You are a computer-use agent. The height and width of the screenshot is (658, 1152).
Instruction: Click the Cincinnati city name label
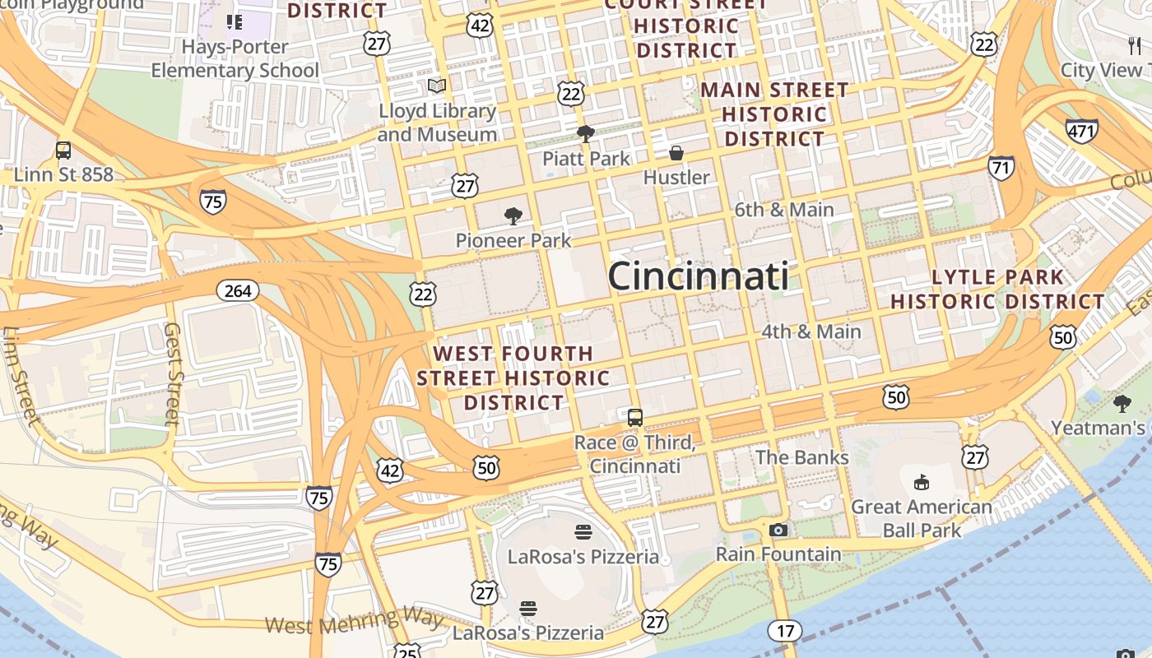(x=698, y=276)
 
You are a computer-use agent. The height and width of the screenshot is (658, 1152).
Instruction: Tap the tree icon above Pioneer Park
(x=513, y=216)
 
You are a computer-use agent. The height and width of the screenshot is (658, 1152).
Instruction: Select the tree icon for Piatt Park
(x=585, y=133)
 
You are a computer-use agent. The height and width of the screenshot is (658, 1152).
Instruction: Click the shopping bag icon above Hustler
(x=676, y=153)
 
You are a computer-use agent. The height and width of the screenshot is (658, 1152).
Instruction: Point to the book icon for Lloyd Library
(x=437, y=86)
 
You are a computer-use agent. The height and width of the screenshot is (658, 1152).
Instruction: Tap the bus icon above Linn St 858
(x=63, y=151)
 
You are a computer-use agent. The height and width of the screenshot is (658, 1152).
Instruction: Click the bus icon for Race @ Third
(x=634, y=417)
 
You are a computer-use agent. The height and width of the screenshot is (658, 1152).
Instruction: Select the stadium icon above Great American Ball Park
(x=921, y=482)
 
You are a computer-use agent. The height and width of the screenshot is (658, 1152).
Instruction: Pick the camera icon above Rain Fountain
(x=778, y=530)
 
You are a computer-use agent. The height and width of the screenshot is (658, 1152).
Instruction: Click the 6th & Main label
(x=784, y=210)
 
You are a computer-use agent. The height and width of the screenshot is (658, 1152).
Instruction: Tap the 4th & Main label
(x=811, y=331)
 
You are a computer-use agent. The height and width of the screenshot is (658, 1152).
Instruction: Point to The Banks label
(x=801, y=457)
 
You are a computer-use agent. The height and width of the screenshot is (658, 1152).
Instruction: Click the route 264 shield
(x=238, y=290)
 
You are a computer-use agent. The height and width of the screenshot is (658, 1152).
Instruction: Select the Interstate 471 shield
(x=1081, y=130)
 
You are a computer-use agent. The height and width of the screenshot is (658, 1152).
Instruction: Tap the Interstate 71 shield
(x=1001, y=168)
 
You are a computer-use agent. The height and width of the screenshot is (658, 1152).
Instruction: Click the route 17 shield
(x=785, y=631)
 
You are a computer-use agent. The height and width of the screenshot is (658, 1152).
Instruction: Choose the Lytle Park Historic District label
(x=997, y=290)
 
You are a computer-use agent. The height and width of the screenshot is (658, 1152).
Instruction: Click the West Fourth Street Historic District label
(x=513, y=378)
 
